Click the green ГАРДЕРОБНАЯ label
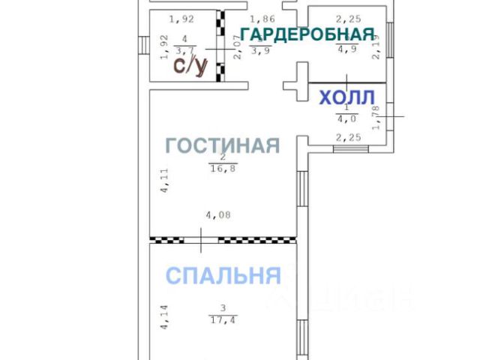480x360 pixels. [307, 34]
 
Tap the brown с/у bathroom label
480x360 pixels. [190, 66]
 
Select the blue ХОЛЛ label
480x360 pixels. [347, 99]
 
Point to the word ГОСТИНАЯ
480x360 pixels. [223, 145]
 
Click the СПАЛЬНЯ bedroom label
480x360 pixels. [223, 275]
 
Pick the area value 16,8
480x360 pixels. [223, 168]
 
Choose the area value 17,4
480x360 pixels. [223, 319]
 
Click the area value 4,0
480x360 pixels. [346, 117]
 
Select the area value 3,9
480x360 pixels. [260, 51]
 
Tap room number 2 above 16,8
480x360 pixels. [223, 157]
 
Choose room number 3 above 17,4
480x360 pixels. [223, 308]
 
